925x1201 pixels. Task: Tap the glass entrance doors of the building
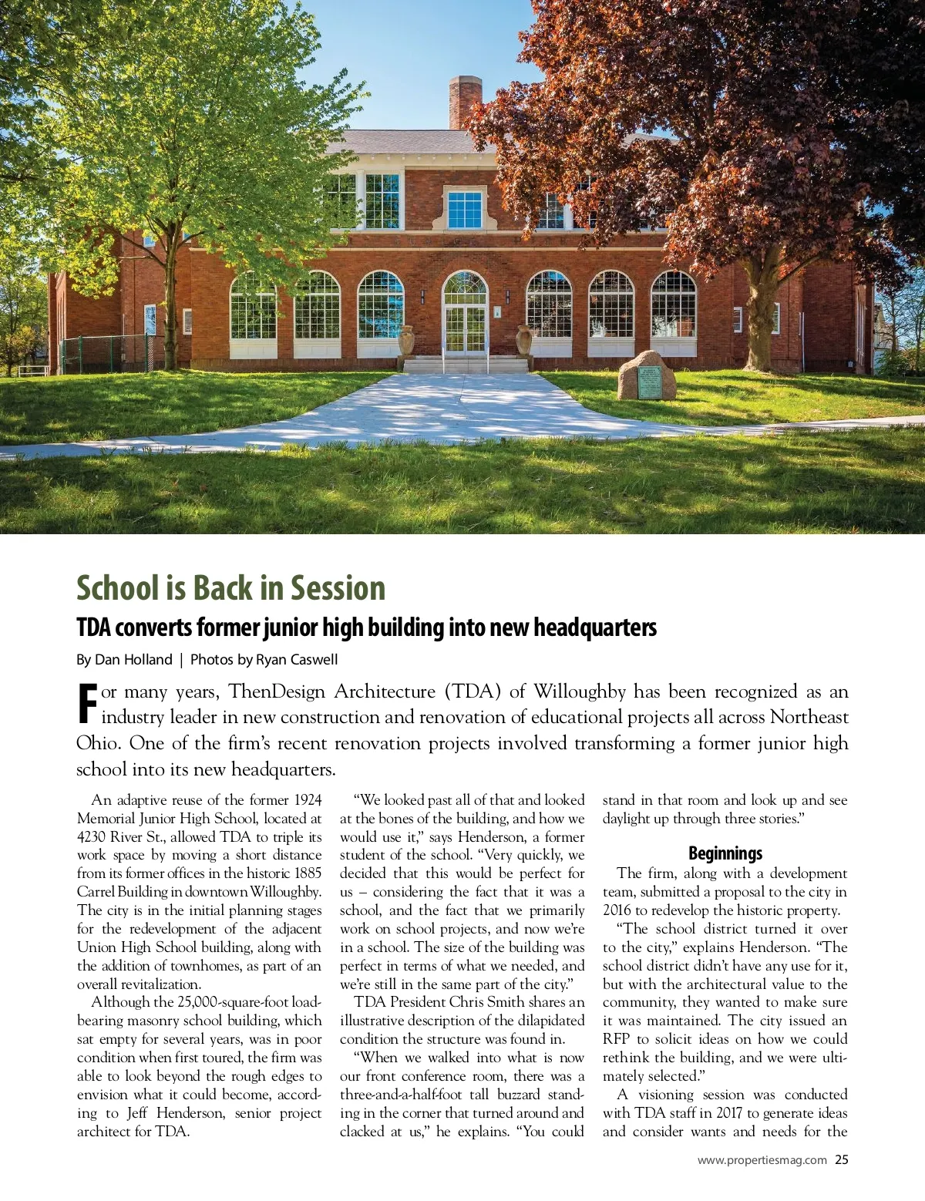click(x=466, y=328)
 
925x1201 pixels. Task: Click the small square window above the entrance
click(x=464, y=210)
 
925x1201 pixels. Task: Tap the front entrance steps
click(x=466, y=365)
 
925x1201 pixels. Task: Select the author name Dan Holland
click(x=133, y=660)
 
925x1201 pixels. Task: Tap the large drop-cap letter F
click(x=88, y=703)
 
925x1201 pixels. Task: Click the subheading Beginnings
click(x=725, y=853)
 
